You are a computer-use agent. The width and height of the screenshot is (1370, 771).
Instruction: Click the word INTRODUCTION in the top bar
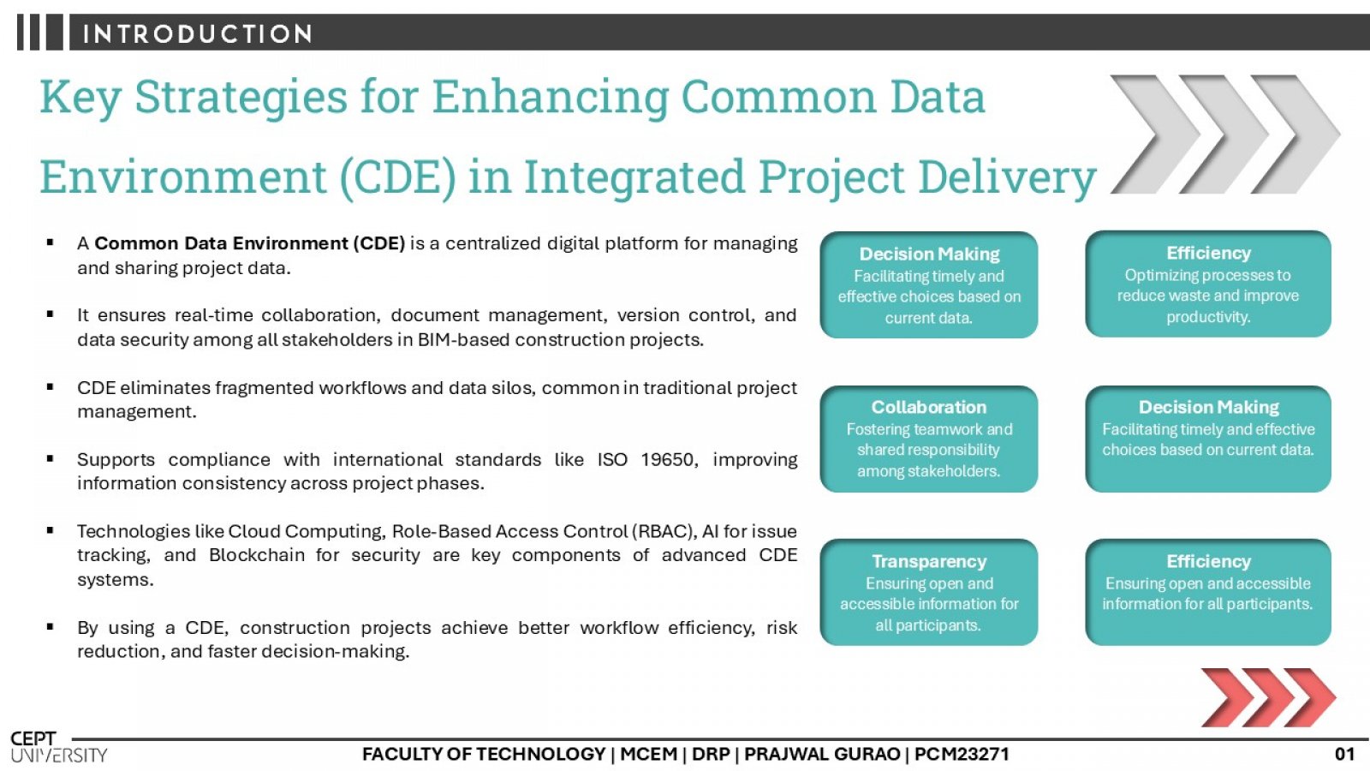click(197, 33)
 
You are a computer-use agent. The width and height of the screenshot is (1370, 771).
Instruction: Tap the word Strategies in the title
click(241, 98)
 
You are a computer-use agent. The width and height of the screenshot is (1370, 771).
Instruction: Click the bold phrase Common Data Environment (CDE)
click(249, 243)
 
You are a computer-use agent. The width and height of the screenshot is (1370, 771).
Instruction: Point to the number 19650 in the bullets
click(669, 459)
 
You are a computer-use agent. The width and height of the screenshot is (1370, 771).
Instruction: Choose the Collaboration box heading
click(928, 407)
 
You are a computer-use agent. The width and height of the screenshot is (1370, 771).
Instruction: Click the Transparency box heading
click(928, 561)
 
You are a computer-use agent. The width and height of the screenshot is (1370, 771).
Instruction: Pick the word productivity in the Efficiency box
click(1208, 317)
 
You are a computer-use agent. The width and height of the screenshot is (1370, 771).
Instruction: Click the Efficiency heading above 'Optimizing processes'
click(1208, 253)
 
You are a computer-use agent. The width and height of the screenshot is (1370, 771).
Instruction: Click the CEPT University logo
click(59, 747)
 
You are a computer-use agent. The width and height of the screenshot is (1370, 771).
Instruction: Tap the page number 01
click(1344, 754)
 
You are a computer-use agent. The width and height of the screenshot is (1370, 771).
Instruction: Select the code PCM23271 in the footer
click(962, 754)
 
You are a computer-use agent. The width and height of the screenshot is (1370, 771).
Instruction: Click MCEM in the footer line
click(648, 754)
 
